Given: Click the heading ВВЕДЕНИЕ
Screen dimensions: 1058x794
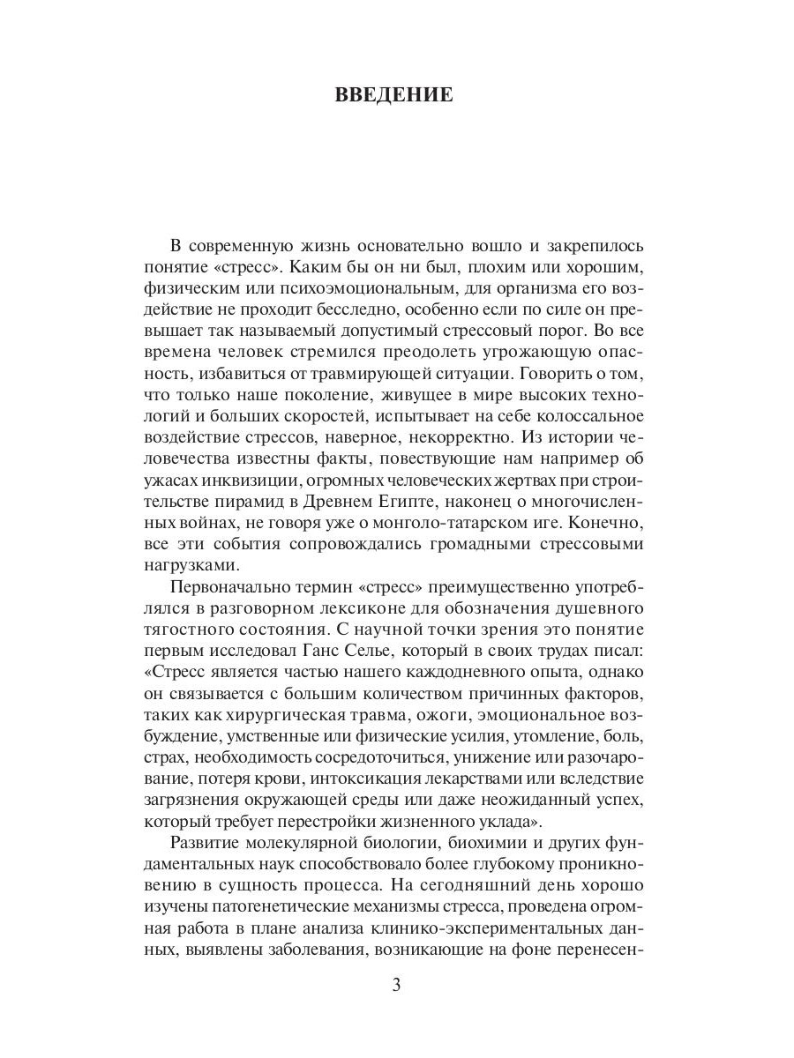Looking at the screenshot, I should [x=394, y=95].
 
